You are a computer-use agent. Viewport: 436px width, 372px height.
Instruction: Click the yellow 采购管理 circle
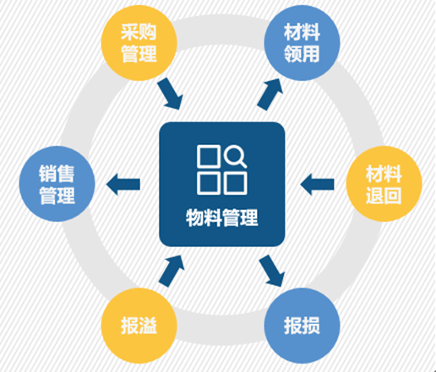139,43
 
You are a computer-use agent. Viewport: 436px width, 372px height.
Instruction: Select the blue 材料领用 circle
302,43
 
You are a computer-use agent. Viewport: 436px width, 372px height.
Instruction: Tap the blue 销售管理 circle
57,184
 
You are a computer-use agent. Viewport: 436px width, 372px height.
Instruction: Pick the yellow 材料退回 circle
384,184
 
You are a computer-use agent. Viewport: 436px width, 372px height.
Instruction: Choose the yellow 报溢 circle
139,326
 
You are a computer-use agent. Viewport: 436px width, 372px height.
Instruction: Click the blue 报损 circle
302,326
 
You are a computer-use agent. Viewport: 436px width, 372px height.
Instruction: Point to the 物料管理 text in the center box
222,218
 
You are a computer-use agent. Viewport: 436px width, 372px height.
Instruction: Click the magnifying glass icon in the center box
236,156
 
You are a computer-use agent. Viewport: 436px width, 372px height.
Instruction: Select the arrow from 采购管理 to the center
171,94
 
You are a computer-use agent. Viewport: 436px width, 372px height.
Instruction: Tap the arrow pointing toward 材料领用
270,94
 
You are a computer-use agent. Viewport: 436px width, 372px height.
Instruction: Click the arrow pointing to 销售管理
123,184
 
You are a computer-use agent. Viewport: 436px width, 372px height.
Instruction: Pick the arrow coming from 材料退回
317,184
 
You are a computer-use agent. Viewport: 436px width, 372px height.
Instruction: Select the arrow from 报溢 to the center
172,271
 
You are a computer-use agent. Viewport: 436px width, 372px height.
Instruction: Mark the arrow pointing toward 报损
272,271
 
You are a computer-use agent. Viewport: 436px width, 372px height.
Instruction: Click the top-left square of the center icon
209,156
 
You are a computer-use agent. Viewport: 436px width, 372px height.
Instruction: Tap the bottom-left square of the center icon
209,184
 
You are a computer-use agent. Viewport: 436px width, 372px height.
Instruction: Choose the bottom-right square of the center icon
236,184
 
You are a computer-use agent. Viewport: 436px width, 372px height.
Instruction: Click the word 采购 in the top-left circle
139,32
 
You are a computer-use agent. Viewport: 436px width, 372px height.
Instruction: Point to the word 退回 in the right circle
384,196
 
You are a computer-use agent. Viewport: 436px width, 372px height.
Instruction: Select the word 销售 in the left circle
57,174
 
